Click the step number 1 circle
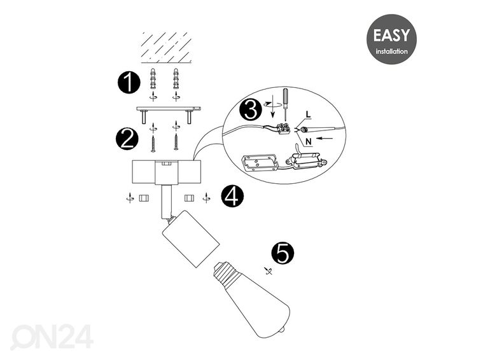129,83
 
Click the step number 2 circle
126,139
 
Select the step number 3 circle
250,111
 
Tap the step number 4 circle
232,197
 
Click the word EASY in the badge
391,35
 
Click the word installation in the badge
391,51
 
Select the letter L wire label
308,114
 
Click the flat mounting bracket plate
167,109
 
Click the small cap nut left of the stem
144,198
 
